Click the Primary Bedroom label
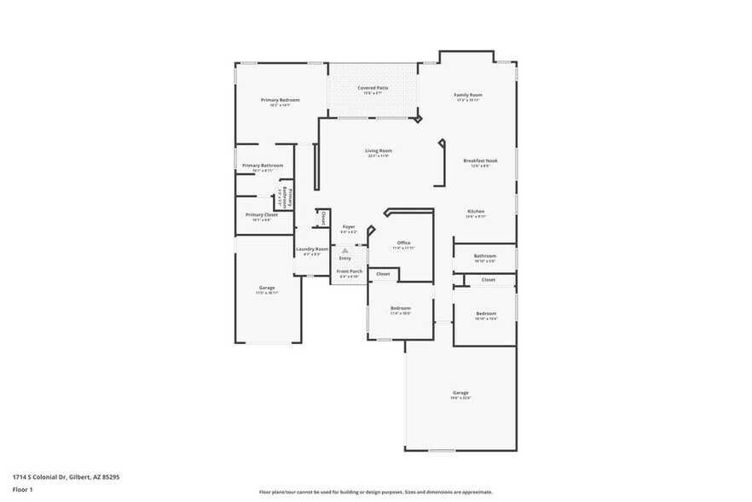pos(280,100)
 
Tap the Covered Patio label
pos(373,88)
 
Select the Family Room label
pos(468,95)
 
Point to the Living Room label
pos(379,151)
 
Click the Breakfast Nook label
pos(480,161)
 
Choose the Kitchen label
pos(476,211)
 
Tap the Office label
pos(403,242)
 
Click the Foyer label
pos(349,227)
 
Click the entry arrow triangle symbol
pos(344,250)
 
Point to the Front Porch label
pos(350,271)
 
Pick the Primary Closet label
pos(262,215)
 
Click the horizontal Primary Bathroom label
pos(263,166)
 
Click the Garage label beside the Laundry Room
pos(267,288)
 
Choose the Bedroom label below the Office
pos(401,307)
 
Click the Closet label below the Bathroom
pos(489,279)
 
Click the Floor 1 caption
pos(22,489)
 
